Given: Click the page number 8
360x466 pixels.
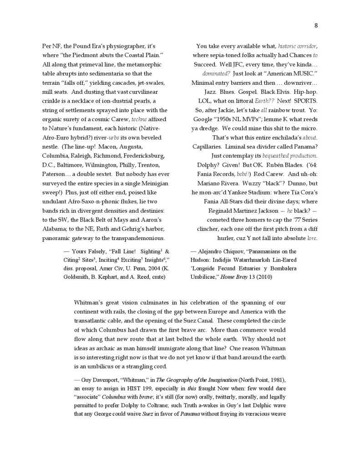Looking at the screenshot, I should tap(316, 26).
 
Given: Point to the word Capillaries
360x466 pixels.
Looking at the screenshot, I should tap(208, 146).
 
